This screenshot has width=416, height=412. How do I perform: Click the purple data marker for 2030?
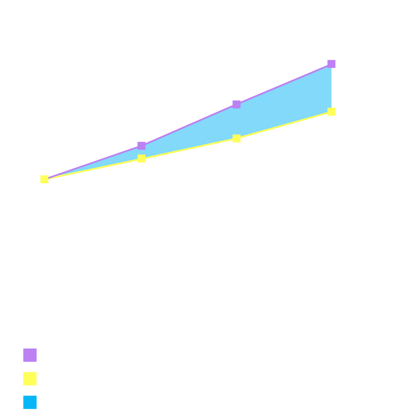(332, 64)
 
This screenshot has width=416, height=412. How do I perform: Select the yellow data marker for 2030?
(332, 112)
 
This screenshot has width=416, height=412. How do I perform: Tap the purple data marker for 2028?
(237, 104)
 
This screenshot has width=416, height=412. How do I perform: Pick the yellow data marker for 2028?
(237, 138)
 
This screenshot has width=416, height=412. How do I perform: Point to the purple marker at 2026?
(142, 145)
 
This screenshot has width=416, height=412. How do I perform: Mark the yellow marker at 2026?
(142, 158)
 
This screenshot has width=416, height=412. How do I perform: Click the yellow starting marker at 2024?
(45, 180)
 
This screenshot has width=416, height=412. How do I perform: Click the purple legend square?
(30, 355)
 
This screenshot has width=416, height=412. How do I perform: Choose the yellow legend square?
(30, 379)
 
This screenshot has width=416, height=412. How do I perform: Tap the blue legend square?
(30, 403)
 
